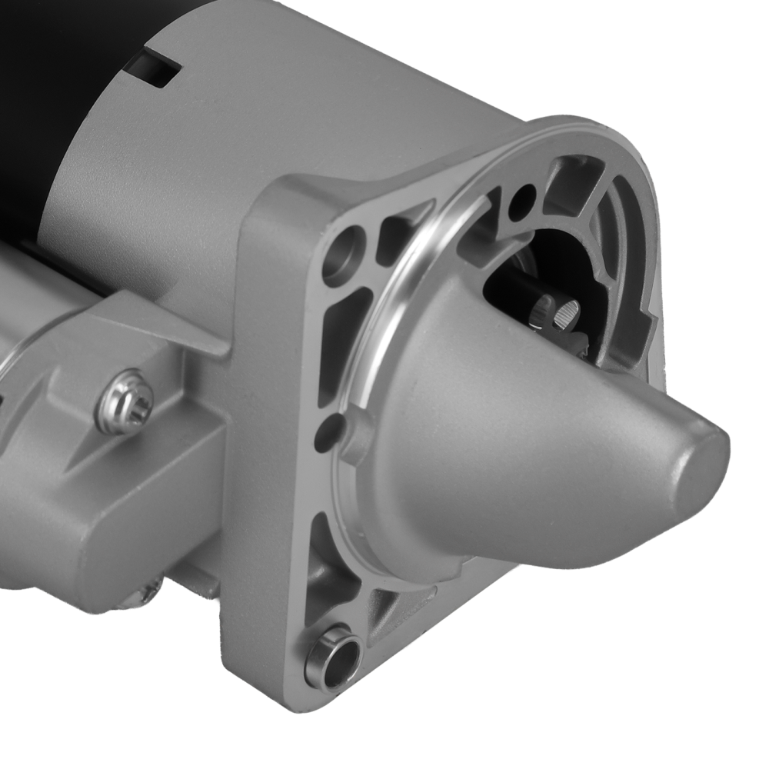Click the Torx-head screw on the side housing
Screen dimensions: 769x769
(x=124, y=401)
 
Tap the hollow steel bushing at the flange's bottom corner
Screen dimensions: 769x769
(x=332, y=657)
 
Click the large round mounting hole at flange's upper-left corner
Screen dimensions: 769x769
(x=340, y=255)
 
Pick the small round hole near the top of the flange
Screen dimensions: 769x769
(x=522, y=198)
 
